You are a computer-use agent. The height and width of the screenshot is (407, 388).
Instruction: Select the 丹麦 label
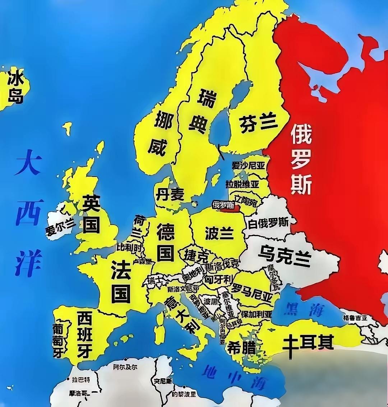[170, 195]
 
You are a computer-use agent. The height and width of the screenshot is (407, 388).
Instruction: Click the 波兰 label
[219, 233]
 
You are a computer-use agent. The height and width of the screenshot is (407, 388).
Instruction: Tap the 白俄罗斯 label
[268, 223]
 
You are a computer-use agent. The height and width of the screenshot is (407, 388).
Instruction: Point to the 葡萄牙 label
[58, 340]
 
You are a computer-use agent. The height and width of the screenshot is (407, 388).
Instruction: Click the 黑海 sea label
[304, 309]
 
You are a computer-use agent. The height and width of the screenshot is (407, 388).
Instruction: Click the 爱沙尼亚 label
[248, 166]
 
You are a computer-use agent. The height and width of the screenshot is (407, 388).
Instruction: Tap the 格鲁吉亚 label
[355, 318]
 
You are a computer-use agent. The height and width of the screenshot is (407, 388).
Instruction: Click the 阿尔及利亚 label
[125, 367]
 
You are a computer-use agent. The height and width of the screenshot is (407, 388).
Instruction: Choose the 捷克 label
[196, 255]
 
